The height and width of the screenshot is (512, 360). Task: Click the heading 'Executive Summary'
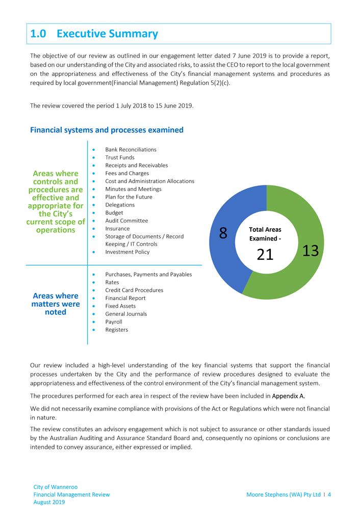107,34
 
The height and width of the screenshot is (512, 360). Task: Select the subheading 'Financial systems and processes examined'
107,130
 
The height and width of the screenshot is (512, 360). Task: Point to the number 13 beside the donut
311,250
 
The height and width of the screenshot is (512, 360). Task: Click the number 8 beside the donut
223,233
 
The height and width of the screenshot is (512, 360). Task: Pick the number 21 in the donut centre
265,254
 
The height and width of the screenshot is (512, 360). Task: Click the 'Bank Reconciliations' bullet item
131,150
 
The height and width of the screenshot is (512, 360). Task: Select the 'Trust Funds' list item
120,157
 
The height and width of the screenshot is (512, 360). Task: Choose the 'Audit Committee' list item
126,221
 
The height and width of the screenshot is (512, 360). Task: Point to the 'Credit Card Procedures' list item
134,290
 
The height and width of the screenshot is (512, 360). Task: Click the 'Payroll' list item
114,322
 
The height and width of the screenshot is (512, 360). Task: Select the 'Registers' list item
117,330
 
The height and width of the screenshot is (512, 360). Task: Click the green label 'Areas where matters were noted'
56,304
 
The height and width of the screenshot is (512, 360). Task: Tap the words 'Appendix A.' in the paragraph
290,395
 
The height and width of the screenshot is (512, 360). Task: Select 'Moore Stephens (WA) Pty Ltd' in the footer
284,495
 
